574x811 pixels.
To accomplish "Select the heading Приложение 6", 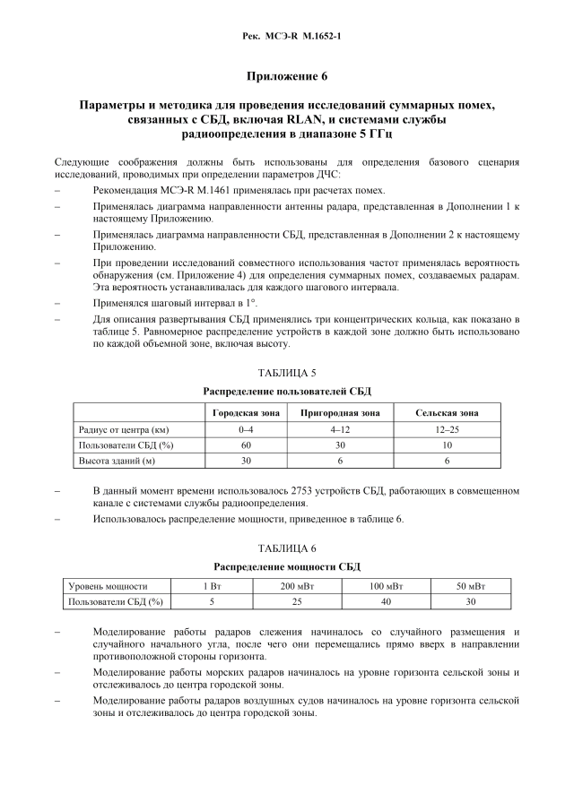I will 286,78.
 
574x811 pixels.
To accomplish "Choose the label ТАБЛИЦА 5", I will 286,375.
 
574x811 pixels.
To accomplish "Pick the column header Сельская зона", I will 447,413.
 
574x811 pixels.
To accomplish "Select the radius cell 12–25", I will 447,429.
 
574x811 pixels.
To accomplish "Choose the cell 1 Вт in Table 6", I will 212,586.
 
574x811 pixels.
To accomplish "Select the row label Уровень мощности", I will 109,586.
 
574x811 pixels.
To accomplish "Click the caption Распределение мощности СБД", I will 286,567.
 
